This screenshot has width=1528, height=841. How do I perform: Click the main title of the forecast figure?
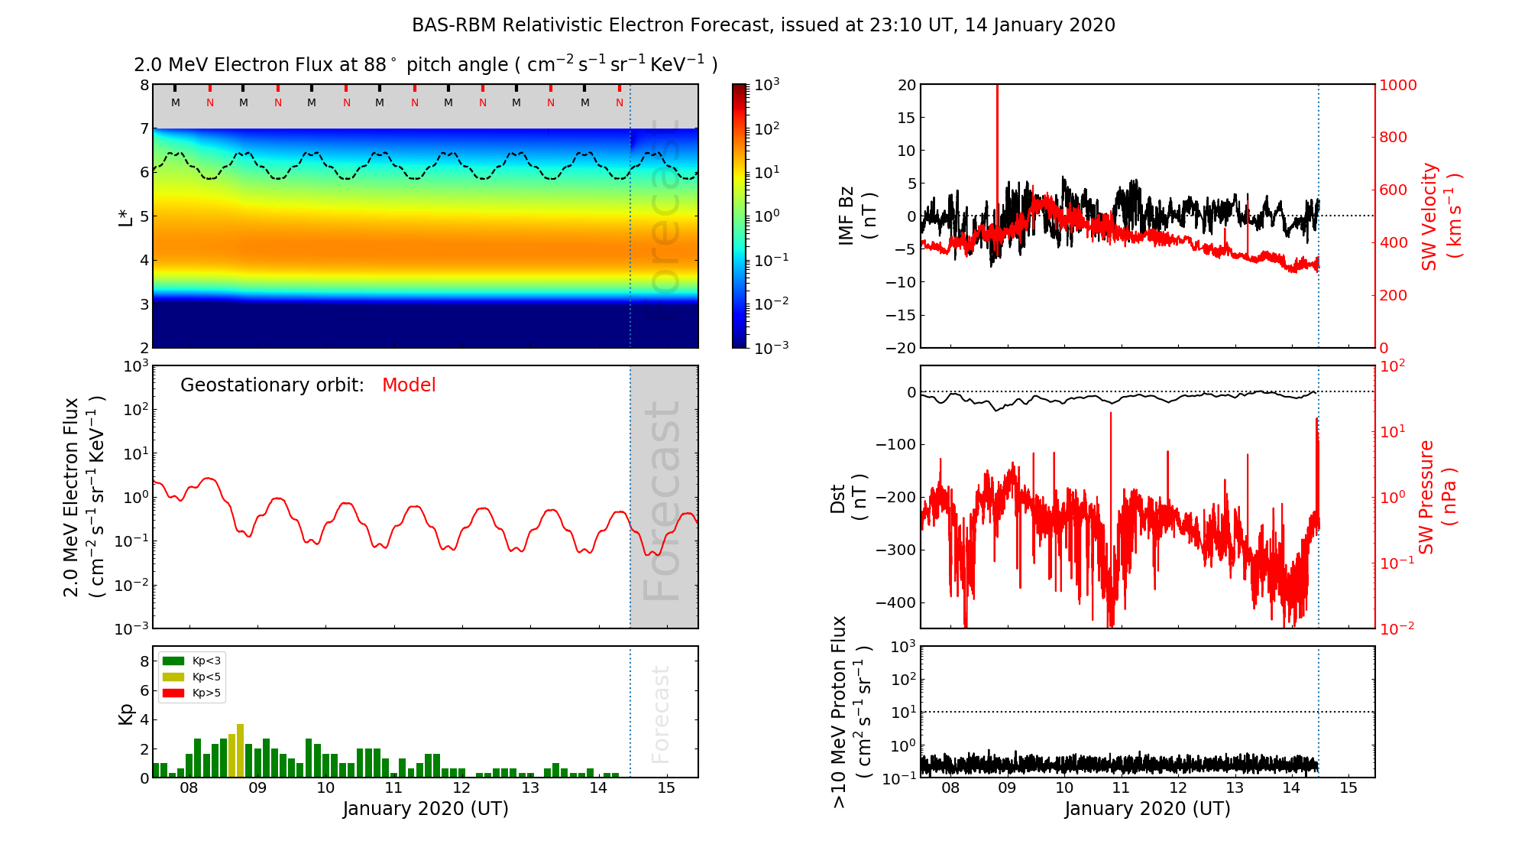(763, 25)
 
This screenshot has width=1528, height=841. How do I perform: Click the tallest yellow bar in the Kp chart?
(240, 749)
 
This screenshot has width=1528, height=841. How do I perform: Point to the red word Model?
(409, 385)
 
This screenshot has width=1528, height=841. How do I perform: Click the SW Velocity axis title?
(1440, 216)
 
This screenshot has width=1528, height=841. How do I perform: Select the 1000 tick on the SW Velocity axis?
(1398, 85)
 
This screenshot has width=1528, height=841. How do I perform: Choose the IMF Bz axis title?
(857, 216)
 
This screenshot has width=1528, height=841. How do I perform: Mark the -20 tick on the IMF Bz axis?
(901, 348)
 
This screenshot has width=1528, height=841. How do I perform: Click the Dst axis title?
(848, 498)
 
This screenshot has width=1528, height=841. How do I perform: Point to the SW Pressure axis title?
(1437, 497)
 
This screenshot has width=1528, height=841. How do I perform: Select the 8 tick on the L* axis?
(144, 85)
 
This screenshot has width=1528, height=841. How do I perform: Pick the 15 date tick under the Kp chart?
(666, 788)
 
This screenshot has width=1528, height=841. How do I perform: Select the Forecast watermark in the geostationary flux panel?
(662, 501)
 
